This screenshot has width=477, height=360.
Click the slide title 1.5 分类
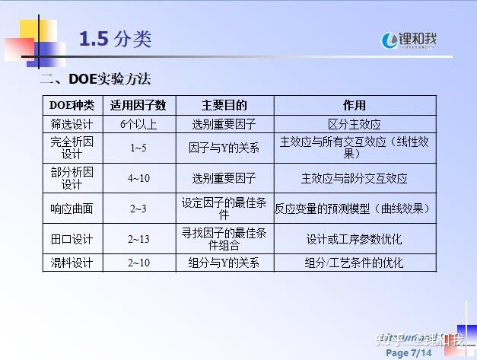tap(115, 40)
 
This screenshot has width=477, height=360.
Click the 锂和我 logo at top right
tap(411, 40)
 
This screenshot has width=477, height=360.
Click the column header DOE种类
tap(72, 106)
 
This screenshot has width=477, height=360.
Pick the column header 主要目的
tap(224, 106)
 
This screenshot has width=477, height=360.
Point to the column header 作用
tap(355, 106)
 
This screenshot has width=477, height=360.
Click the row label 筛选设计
tap(72, 124)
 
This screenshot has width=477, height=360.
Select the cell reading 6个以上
tap(138, 124)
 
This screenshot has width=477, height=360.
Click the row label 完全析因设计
tap(72, 148)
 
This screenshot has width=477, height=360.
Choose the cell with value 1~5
tap(138, 148)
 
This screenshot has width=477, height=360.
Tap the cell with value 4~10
tap(138, 178)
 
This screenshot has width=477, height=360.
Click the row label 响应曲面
tap(72, 209)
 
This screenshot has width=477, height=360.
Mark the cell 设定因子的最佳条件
tap(224, 209)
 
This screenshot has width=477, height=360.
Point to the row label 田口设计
tap(72, 239)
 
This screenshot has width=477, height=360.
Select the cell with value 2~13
tap(138, 239)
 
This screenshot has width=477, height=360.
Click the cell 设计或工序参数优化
tap(355, 239)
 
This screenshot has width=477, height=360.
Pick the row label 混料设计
tap(72, 263)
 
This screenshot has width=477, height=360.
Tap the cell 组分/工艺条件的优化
tap(355, 263)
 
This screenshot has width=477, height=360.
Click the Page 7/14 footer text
tap(409, 353)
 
